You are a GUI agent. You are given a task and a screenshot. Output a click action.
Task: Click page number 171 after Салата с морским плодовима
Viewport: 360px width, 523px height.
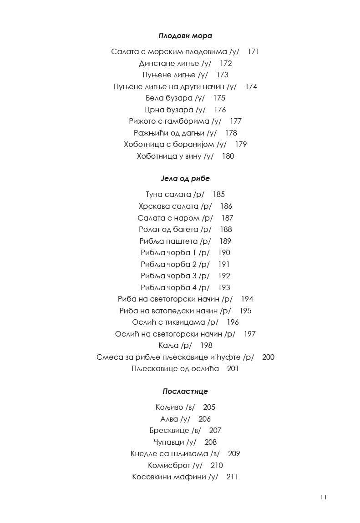point(254,52)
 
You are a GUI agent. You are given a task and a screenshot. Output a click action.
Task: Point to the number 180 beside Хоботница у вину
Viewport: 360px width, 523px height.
point(228,156)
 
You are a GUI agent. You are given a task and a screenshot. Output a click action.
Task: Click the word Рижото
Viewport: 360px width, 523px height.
point(142,121)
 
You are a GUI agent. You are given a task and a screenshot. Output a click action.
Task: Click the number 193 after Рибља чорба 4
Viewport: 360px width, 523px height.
point(224,288)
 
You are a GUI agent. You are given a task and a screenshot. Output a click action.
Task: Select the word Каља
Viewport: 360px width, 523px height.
point(167,346)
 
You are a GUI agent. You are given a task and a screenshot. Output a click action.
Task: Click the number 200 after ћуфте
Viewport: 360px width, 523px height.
point(269,357)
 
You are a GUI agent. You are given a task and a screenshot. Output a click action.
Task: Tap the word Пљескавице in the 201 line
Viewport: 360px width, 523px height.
point(152,369)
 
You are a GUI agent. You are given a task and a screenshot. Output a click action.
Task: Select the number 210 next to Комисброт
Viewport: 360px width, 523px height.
point(217,465)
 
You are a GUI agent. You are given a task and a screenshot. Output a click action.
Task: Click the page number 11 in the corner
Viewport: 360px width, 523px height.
point(323,497)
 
